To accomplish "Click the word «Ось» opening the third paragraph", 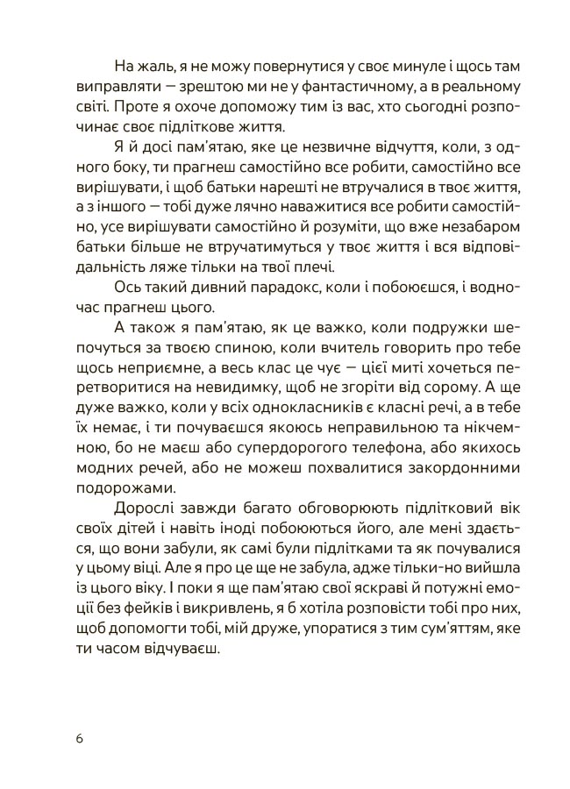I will pos(128,288).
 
